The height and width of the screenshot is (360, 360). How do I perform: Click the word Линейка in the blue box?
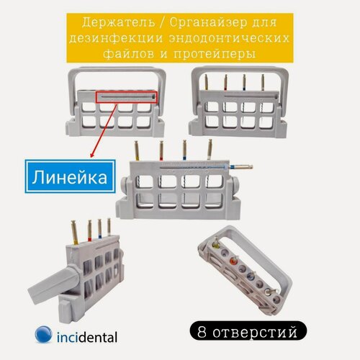pos(71,175)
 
